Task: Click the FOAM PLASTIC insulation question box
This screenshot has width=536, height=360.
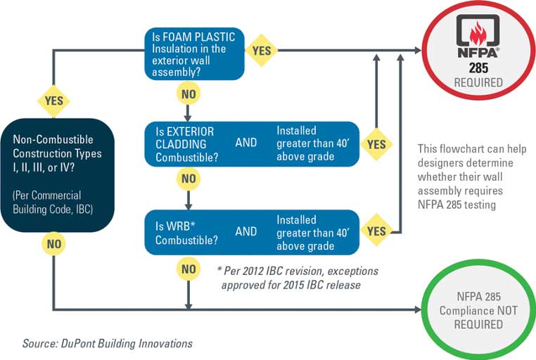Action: tap(194, 54)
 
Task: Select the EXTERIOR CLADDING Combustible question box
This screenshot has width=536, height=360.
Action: tap(252, 144)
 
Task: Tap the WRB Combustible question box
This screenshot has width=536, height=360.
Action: tap(252, 232)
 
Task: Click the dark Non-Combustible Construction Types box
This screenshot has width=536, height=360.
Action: tap(57, 175)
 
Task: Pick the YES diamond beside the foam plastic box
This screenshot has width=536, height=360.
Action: tap(262, 51)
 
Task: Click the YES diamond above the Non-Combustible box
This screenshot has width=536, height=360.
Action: tap(53, 101)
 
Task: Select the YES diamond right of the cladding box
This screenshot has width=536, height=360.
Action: tap(376, 144)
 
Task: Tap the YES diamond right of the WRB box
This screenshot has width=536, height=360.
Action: tap(376, 231)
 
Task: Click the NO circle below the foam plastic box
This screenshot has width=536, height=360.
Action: tap(189, 94)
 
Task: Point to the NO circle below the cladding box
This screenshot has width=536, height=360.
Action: tap(189, 179)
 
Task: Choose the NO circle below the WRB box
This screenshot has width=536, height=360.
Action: tap(189, 269)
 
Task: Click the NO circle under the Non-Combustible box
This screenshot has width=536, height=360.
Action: tap(53, 244)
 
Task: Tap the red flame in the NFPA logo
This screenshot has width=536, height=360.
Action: tap(478, 33)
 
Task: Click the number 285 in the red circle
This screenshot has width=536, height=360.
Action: tap(478, 67)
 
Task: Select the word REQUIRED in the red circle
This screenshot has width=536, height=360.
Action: tap(478, 82)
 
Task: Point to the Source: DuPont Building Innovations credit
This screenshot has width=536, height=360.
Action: tap(108, 343)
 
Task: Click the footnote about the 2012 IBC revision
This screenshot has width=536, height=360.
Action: tap(298, 278)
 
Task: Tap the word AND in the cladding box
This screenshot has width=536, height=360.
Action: tap(245, 142)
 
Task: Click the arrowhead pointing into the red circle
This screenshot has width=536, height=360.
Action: tap(418, 50)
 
